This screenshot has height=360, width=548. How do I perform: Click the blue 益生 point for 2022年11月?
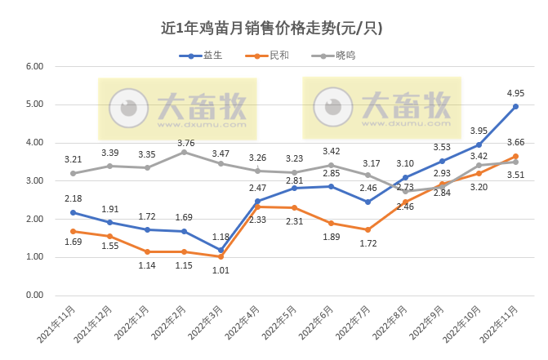[x=516, y=106]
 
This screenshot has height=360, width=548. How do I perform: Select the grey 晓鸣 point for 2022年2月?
[x=184, y=152]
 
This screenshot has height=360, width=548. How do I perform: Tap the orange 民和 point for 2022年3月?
[x=221, y=257]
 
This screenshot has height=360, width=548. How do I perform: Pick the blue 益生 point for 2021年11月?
[x=73, y=212]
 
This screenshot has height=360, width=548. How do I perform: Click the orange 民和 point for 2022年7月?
[x=368, y=229]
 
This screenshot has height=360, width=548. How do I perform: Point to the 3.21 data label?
[x=74, y=159]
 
